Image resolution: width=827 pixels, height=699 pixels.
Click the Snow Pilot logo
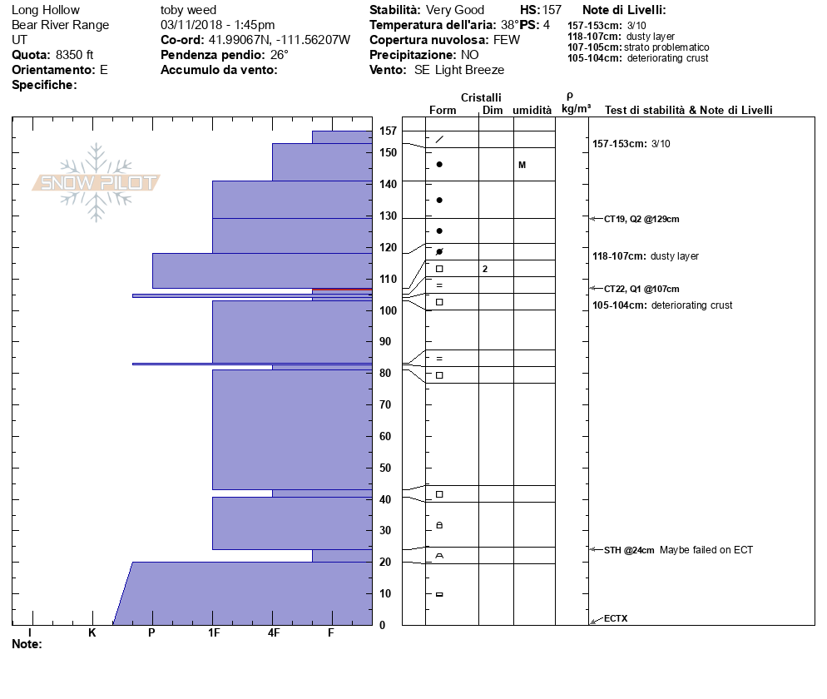click(x=97, y=182)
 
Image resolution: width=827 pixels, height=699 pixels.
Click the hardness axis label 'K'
click(x=92, y=632)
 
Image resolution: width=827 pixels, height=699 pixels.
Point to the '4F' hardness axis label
click(x=273, y=632)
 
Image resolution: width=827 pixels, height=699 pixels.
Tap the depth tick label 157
click(x=388, y=131)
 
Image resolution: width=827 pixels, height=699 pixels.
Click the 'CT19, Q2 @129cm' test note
click(x=641, y=219)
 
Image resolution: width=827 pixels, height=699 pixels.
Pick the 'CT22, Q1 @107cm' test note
click(x=641, y=289)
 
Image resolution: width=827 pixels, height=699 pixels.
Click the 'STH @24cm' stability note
click(x=629, y=550)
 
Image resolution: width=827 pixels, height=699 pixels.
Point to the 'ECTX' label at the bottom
click(x=616, y=618)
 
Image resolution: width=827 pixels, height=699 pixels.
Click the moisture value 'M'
click(x=522, y=165)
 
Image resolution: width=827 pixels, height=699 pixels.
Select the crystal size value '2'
click(x=484, y=269)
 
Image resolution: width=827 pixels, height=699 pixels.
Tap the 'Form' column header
click(x=443, y=110)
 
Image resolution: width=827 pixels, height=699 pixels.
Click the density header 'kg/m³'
click(x=576, y=109)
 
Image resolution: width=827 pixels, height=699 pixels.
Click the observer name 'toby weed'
click(x=188, y=10)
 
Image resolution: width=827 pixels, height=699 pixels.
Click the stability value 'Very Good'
click(x=455, y=10)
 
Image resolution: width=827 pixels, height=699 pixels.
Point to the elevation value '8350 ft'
click(x=74, y=55)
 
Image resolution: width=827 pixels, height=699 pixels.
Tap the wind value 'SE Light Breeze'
click(x=459, y=70)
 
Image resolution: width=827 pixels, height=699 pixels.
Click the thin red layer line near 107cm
click(x=342, y=290)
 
